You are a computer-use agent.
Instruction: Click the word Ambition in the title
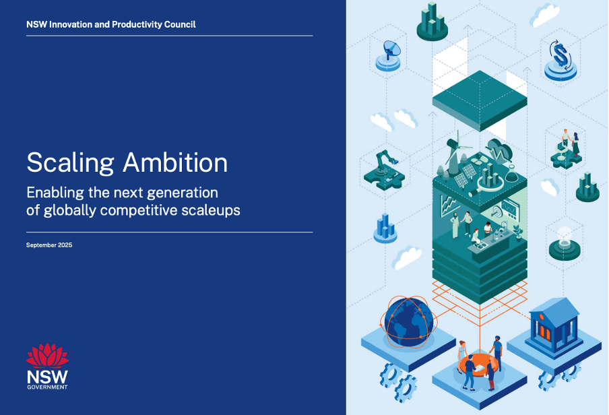[175, 162]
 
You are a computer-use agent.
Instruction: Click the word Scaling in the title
[70, 163]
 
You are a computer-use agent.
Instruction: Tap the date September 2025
[49, 245]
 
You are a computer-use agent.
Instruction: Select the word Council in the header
[180, 24]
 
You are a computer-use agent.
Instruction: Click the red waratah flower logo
[47, 356]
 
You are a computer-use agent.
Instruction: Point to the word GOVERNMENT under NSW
[47, 387]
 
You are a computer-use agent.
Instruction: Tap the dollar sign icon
[560, 55]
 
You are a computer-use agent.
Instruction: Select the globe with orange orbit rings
[408, 321]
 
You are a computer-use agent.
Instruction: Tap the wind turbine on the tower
[455, 152]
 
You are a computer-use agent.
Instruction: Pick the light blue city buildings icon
[385, 226]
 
